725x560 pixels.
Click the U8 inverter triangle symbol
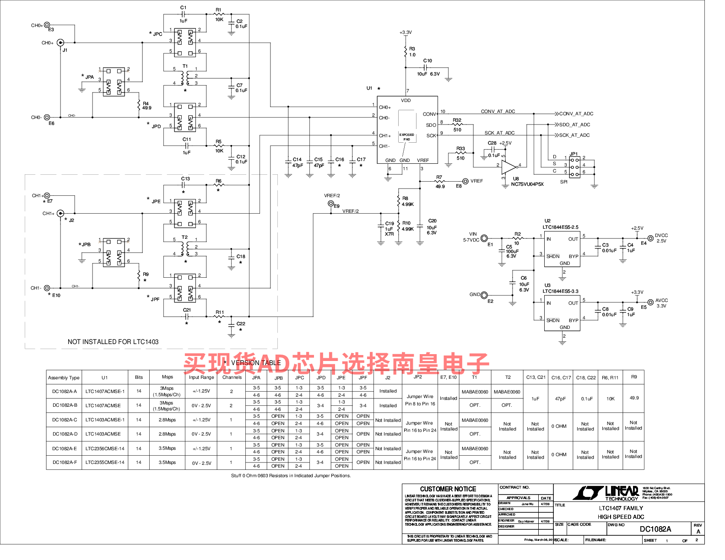coord(509,167)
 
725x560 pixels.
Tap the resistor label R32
coord(457,120)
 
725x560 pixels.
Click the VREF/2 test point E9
coord(331,204)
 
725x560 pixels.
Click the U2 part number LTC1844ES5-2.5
coord(560,227)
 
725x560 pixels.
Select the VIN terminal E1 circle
coord(484,238)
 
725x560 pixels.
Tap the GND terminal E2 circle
coord(484,295)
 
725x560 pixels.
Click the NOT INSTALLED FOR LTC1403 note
coord(113,342)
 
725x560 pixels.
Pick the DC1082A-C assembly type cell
coord(65,420)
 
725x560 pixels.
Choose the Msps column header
coord(168,377)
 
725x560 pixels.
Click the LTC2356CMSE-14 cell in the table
coord(105,448)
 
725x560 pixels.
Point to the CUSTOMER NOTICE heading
coord(448,489)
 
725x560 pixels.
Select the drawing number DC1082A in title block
coord(655,529)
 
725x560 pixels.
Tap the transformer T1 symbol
coord(185,77)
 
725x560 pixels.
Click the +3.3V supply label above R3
coord(406,32)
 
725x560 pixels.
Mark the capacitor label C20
coord(432,221)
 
